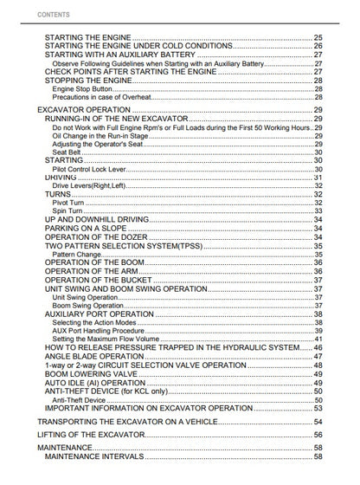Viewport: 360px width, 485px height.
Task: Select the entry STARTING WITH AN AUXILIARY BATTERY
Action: point(113,55)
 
